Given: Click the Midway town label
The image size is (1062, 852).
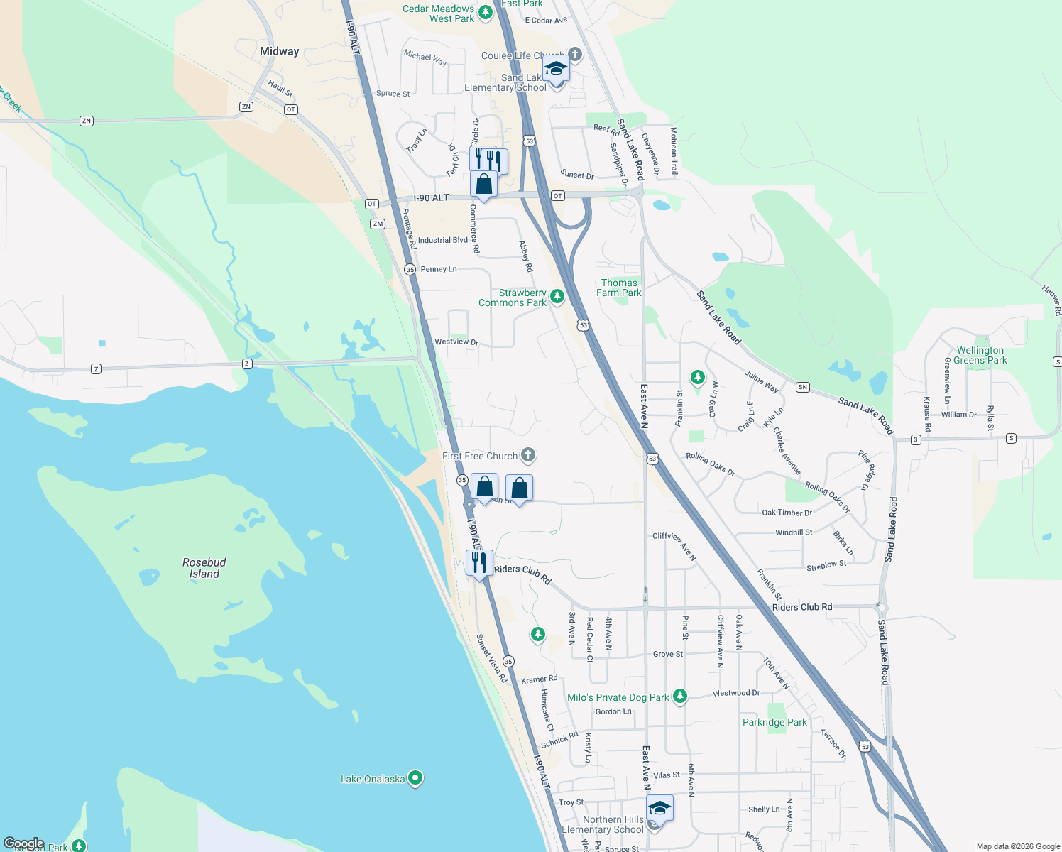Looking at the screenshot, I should [x=279, y=51].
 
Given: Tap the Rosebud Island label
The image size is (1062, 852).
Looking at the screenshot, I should [x=204, y=568].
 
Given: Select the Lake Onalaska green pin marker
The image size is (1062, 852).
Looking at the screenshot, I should [x=415, y=778].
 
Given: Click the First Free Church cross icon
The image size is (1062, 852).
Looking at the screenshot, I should [x=528, y=455].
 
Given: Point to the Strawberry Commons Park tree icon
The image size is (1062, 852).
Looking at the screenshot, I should [x=557, y=297].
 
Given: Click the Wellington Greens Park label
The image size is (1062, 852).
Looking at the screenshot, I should [x=980, y=355].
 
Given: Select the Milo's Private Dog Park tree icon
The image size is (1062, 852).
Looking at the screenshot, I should [x=680, y=697].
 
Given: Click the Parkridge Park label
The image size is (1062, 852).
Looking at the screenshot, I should [x=774, y=722].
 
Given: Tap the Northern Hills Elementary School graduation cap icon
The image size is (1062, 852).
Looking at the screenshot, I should [x=659, y=808].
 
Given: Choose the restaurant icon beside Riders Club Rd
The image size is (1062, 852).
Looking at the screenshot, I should [x=479, y=562].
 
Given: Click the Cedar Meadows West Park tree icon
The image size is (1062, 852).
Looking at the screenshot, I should [x=486, y=13].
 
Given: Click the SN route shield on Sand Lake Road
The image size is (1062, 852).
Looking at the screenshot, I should [x=802, y=387].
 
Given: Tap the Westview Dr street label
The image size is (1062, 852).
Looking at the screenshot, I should [x=456, y=342].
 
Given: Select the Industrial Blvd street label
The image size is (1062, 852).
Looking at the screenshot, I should [x=442, y=240].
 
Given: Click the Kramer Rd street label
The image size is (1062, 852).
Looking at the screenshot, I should [x=540, y=679].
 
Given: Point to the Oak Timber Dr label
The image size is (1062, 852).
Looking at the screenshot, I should [x=787, y=513].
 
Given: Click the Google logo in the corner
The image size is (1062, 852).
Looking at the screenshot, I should [x=23, y=843].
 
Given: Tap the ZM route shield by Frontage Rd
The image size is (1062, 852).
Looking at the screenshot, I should [x=377, y=224].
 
